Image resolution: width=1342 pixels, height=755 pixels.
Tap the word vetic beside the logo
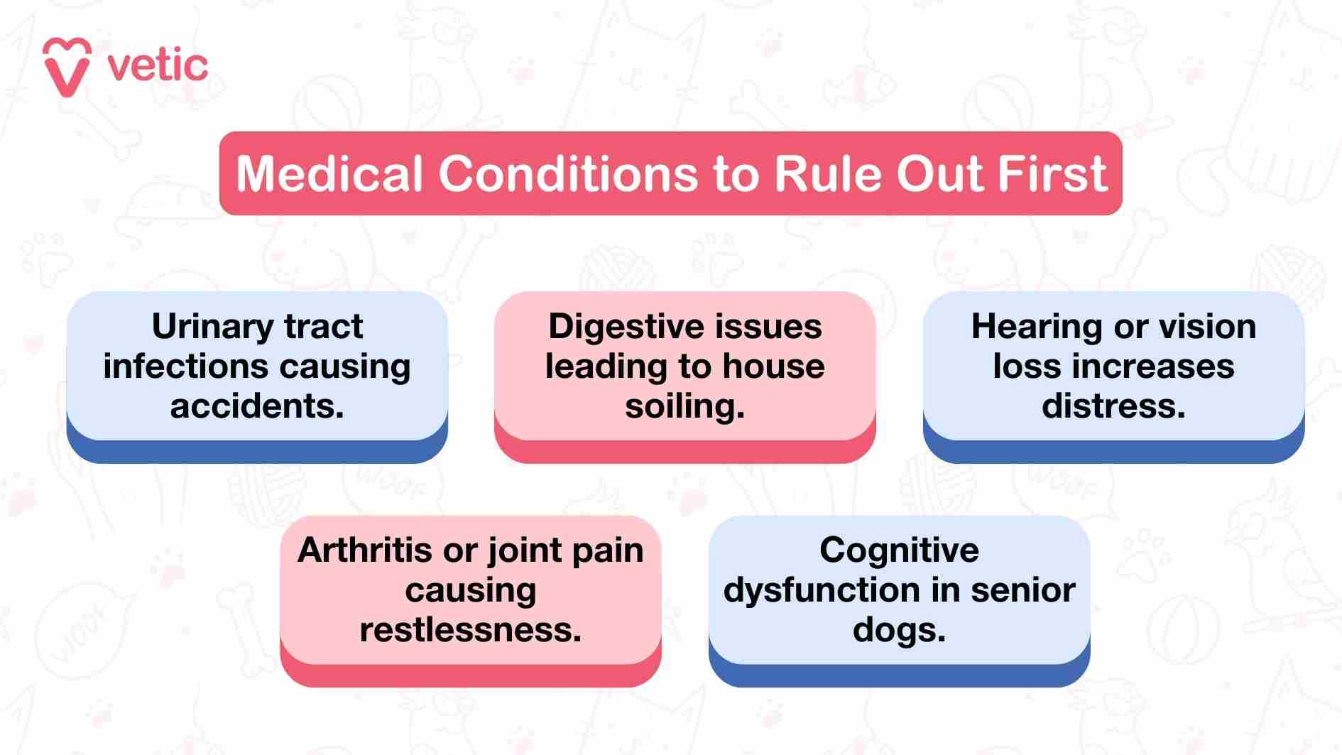[x=158, y=66]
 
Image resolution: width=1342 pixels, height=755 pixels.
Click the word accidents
[x=257, y=406]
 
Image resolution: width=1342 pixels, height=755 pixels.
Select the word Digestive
[x=625, y=327]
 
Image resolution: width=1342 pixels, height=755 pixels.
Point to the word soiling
[x=684, y=406]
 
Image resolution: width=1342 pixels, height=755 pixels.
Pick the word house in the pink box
[x=773, y=366]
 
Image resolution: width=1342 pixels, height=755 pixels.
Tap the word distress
[x=1113, y=406]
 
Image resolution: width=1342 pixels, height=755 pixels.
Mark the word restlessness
[x=470, y=630]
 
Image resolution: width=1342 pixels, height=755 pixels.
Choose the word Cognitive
[x=899, y=550]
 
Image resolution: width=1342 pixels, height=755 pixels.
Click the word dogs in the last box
[x=899, y=630]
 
